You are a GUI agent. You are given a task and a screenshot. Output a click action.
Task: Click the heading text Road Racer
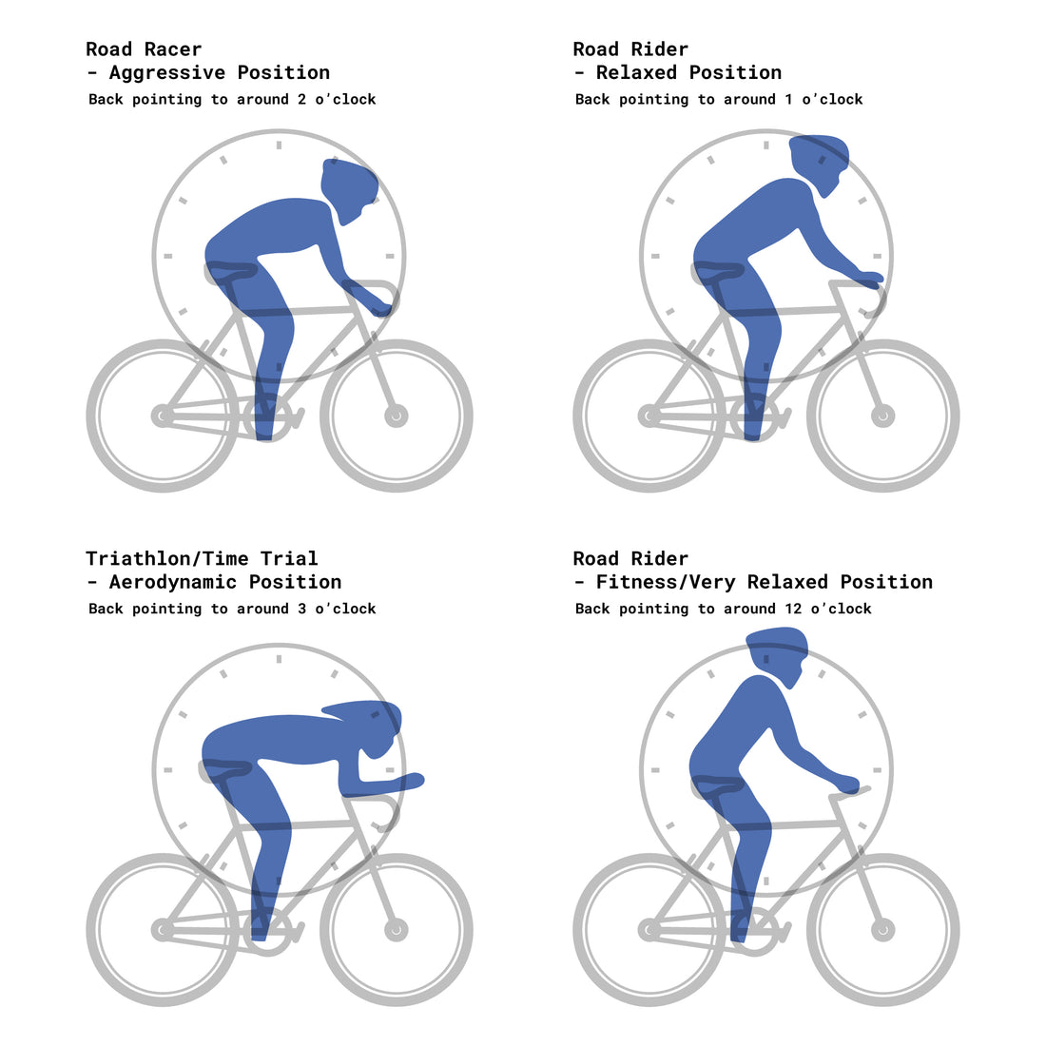144,49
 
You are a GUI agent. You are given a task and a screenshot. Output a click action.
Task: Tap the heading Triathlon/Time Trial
202,559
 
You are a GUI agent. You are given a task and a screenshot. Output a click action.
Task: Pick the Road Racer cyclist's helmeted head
349,188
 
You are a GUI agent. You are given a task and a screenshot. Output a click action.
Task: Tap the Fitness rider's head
778,656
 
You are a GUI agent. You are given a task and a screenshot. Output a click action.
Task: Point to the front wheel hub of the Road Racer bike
396,416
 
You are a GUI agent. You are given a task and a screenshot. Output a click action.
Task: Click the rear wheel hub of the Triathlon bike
163,929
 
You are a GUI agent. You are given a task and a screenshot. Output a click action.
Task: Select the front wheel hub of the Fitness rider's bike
882,929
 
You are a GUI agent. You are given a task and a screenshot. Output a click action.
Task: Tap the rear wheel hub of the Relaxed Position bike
649,416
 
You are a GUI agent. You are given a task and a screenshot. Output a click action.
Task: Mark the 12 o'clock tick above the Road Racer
279,145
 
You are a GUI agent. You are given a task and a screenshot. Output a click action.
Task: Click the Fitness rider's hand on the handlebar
845,784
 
